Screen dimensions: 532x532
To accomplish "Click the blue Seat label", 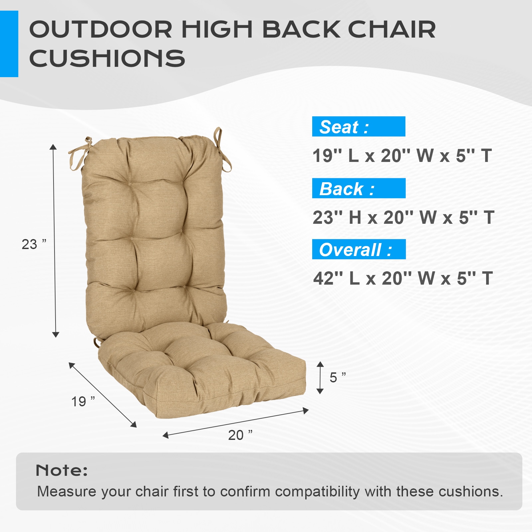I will coord(358,127).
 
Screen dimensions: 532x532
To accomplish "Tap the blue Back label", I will coord(358,189).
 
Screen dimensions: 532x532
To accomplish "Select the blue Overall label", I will coord(358,249).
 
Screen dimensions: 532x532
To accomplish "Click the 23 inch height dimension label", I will coord(34,244).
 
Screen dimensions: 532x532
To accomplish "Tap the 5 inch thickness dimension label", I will coord(337,377).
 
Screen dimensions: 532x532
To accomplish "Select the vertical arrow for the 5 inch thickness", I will coord(320,378).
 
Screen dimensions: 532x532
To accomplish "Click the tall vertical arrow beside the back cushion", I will coord(55,241).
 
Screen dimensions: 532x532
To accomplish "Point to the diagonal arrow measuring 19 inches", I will coord(102,395).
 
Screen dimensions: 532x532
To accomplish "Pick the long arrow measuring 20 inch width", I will coord(235,423).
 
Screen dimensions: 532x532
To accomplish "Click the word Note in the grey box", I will coord(62,470).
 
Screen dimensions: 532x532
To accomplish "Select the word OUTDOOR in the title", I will coord(101,30).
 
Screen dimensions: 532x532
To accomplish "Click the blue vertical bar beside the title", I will coord(9,44).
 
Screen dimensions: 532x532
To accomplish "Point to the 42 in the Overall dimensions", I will coord(324,278).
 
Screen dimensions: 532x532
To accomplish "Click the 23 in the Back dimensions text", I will coord(323,217).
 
